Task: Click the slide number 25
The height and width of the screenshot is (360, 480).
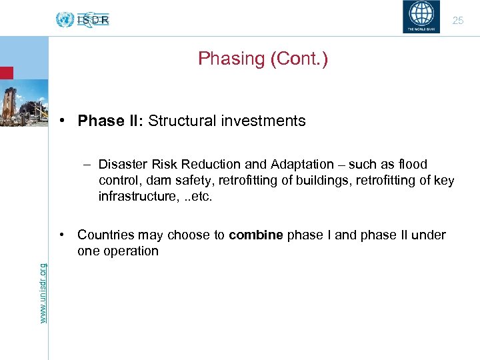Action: (458, 21)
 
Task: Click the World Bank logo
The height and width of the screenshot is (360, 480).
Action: (421, 17)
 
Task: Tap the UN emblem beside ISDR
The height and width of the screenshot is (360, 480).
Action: (65, 19)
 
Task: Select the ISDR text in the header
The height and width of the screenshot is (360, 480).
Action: (93, 20)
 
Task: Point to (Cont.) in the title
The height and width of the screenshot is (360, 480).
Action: (299, 59)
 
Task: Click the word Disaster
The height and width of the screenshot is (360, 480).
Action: (123, 164)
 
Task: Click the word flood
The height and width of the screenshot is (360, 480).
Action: (412, 164)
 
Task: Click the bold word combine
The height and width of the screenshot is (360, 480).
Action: (255, 235)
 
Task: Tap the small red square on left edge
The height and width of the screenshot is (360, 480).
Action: (6, 73)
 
